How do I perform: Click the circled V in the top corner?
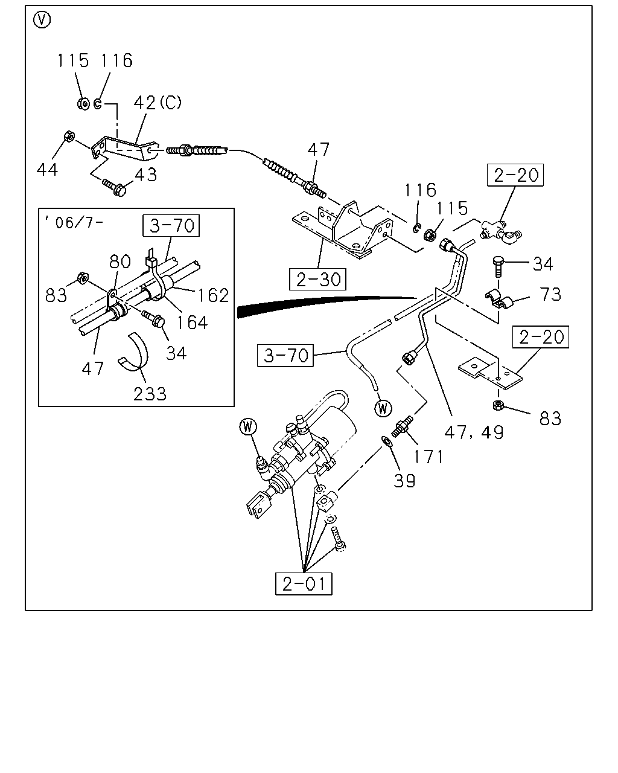[42, 20]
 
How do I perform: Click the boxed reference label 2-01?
[304, 584]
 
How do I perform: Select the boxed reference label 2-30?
[318, 279]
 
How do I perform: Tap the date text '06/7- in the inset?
[74, 222]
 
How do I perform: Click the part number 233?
[150, 394]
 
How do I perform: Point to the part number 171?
[428, 457]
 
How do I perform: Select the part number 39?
[405, 481]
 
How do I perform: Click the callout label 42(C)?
[158, 103]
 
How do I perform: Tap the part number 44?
[48, 169]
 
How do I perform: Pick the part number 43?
[146, 175]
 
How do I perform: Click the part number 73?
[550, 295]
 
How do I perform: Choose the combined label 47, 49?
[474, 432]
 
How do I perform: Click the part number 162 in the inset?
[213, 296]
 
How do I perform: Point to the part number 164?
[192, 322]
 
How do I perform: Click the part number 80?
[120, 261]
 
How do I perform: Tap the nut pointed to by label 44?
[69, 136]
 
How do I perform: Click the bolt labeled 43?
[115, 187]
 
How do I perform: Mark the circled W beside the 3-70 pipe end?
[383, 408]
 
